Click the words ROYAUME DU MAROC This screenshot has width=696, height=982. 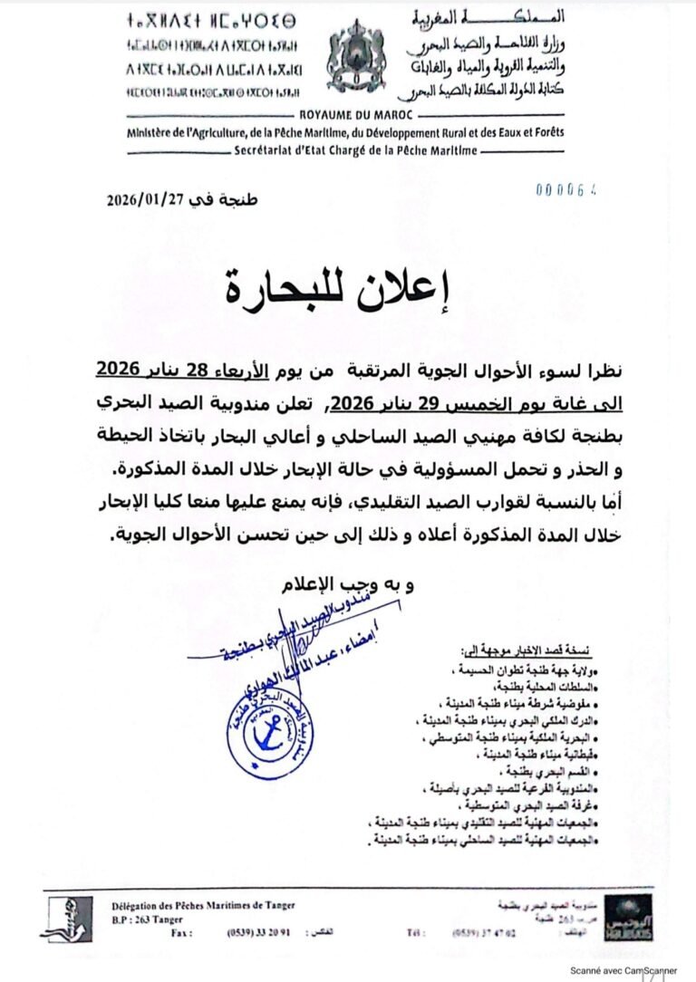[349, 115]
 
